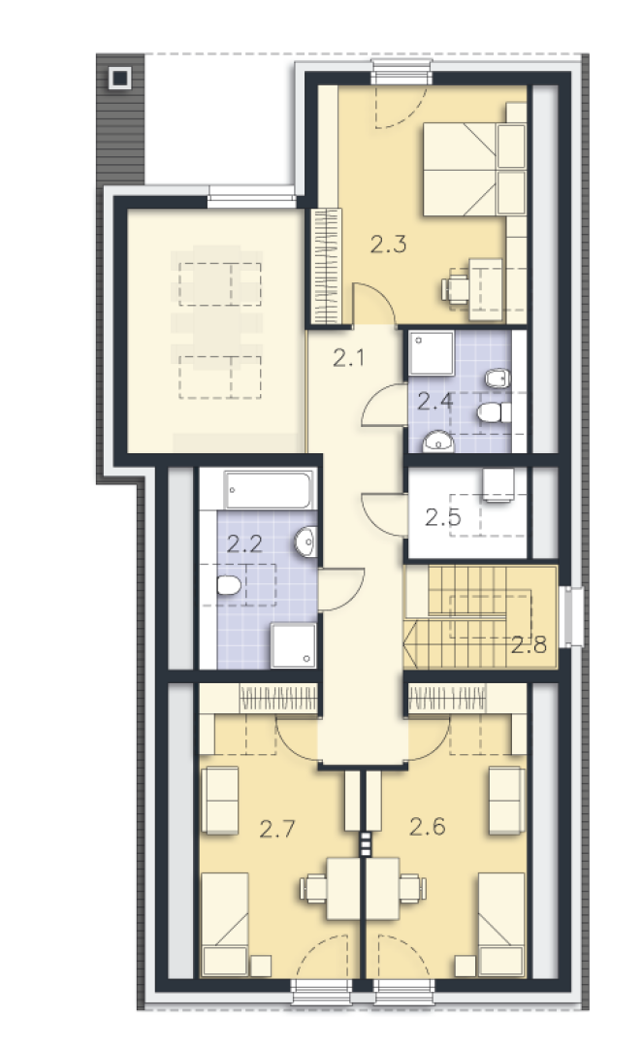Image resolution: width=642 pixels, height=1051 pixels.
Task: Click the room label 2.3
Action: click(x=389, y=244)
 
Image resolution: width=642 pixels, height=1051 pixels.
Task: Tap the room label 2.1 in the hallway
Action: click(x=349, y=358)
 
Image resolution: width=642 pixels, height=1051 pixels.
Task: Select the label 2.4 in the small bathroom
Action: click(x=434, y=402)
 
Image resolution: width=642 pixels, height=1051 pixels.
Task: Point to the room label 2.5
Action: click(x=443, y=517)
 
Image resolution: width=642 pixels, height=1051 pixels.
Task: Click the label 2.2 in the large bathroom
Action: click(x=244, y=543)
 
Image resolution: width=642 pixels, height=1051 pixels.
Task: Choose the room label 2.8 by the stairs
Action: click(x=529, y=644)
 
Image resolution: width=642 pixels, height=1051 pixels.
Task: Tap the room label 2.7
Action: click(x=277, y=829)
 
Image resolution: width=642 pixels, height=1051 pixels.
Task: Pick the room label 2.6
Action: click(x=428, y=827)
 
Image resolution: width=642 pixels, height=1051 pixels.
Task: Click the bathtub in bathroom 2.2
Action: click(x=269, y=490)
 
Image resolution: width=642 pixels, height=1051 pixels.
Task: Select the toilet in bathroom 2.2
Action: click(x=229, y=586)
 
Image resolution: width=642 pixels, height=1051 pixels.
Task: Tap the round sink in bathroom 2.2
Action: click(x=305, y=541)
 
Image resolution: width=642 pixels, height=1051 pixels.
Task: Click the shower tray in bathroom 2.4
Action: click(x=432, y=353)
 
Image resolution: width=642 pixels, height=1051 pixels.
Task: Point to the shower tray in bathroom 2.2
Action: click(x=294, y=644)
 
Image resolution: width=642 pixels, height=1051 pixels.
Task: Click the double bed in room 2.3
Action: click(x=474, y=170)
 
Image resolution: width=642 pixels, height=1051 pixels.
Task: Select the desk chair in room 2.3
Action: click(x=455, y=287)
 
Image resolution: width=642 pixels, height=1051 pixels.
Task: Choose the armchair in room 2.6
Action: click(x=506, y=801)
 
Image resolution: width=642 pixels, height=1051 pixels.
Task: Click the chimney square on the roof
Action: click(x=120, y=79)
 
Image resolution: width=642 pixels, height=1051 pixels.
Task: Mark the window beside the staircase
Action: click(x=571, y=616)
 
